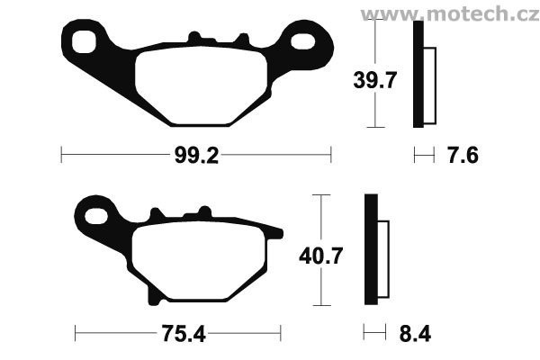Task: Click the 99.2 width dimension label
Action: pos(196,156)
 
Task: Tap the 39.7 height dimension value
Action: pos(375,80)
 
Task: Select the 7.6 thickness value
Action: pos(463,156)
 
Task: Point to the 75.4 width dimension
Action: pos(184,334)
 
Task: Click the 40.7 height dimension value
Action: pos(321,256)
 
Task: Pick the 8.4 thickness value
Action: pos(415,334)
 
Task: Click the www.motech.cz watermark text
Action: pos(450,14)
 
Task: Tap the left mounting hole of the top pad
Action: pos(84,41)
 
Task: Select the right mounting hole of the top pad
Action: pos(303,41)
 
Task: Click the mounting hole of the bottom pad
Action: pos(96,216)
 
